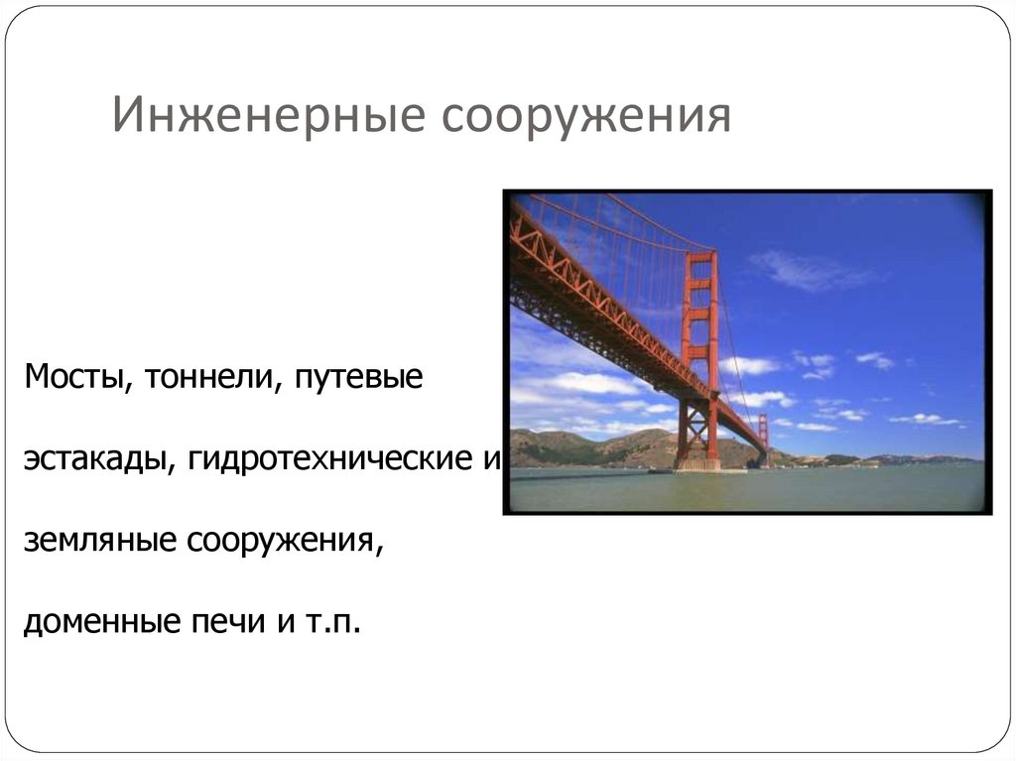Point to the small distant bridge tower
tap(763, 441)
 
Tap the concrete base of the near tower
tap(698, 463)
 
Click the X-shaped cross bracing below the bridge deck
tap(695, 425)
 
